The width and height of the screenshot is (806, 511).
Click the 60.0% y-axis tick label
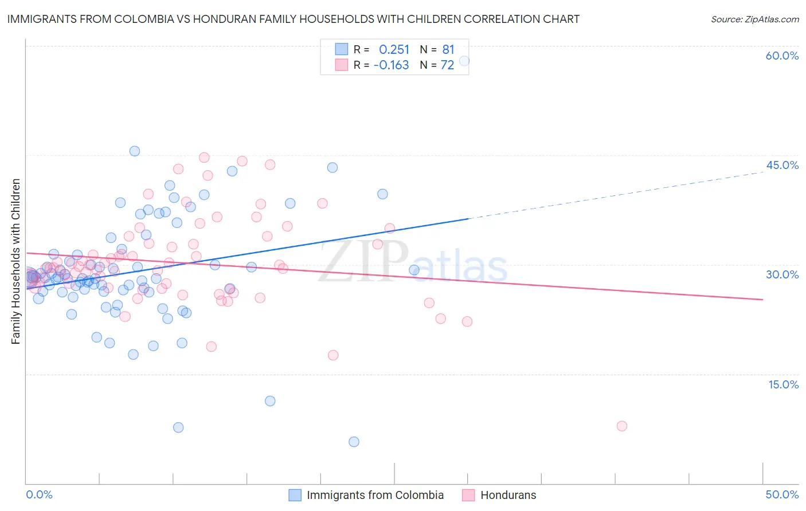(782, 56)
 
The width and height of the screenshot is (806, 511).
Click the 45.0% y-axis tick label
(782, 165)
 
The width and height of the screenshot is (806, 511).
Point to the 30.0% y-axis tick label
(782, 274)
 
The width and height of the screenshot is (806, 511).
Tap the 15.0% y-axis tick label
(783, 384)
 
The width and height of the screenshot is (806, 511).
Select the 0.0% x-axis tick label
(39, 494)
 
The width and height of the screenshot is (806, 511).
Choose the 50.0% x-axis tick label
(782, 494)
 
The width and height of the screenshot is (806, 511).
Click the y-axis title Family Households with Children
(16, 261)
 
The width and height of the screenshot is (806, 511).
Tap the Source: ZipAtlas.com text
(754, 19)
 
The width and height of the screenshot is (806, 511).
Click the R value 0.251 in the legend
(394, 50)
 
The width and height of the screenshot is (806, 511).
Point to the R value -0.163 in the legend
(391, 65)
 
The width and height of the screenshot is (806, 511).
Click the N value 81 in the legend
(448, 50)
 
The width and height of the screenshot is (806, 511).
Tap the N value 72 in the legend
(447, 65)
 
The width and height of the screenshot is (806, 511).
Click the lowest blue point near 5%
(354, 442)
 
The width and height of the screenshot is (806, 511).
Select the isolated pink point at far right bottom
(622, 426)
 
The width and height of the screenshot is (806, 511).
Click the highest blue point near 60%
(464, 61)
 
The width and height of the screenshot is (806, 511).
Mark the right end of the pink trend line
(762, 300)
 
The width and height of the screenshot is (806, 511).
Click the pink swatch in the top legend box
(342, 65)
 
